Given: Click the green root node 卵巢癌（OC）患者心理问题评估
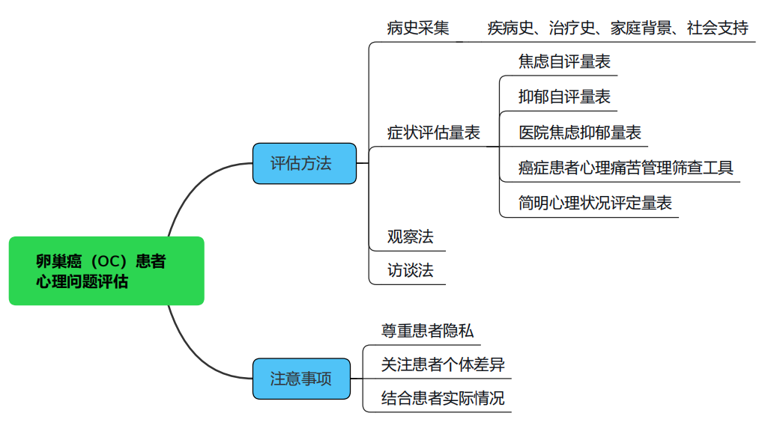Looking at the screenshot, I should (x=106, y=271).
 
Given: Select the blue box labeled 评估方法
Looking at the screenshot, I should (x=303, y=163).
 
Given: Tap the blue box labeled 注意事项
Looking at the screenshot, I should (x=300, y=378).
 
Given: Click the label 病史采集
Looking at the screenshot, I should (x=418, y=29).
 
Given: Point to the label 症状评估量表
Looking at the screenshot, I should (x=433, y=133).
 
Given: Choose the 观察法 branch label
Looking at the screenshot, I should (x=410, y=237).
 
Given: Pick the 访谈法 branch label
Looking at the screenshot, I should (x=410, y=270).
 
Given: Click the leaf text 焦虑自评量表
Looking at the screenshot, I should (x=564, y=62).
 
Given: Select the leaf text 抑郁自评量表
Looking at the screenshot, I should (x=564, y=97).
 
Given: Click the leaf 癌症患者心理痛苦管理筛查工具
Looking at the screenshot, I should (x=625, y=168).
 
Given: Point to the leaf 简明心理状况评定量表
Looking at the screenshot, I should (x=595, y=202).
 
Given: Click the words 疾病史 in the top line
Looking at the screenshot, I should (x=510, y=29).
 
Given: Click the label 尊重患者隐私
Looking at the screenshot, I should (x=427, y=331).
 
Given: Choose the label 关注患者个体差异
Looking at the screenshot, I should (x=442, y=364).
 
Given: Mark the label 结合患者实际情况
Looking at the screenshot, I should (x=442, y=398).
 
